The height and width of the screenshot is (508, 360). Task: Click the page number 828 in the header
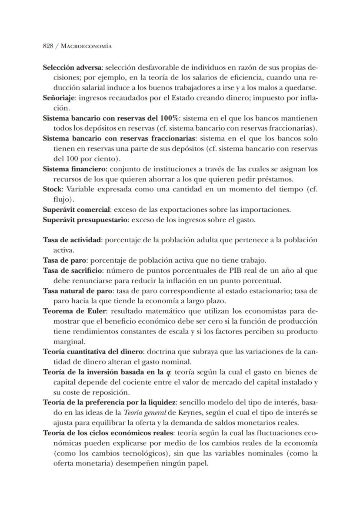click(x=48, y=46)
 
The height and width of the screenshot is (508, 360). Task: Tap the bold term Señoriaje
click(x=58, y=99)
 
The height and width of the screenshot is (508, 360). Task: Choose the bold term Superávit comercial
click(x=76, y=210)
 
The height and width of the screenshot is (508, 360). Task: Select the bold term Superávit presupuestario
click(x=85, y=220)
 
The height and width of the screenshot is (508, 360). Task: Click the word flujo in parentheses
click(x=62, y=200)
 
